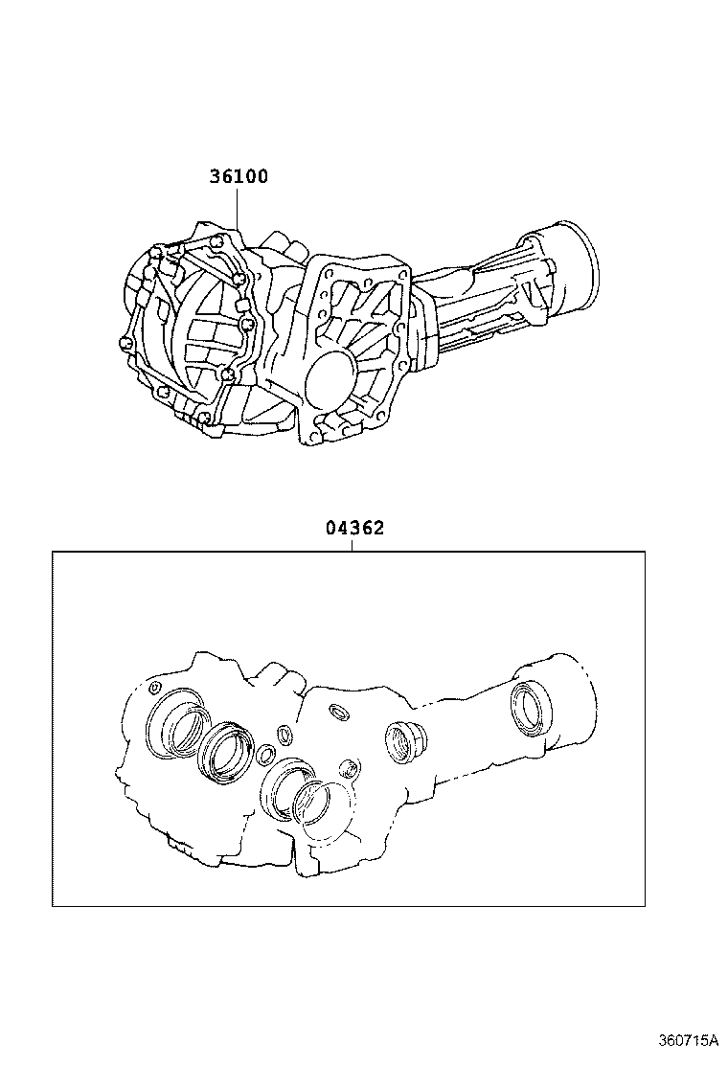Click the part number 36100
[239, 177]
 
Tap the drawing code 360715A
[688, 1040]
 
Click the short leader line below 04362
[353, 545]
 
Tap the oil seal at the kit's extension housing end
[530, 708]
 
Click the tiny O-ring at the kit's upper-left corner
[154, 687]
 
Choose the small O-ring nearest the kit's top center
[338, 711]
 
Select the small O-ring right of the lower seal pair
[351, 768]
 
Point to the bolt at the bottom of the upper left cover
[206, 419]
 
